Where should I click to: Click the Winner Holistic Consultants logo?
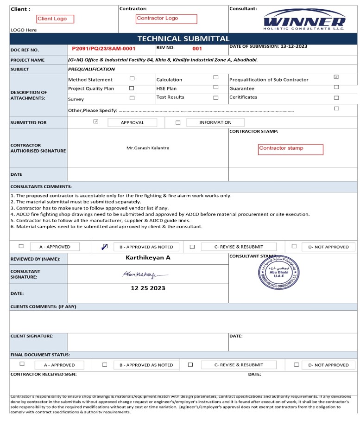click(x=304, y=19)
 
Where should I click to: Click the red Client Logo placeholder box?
click(x=55, y=19)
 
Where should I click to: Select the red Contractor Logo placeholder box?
click(x=166, y=19)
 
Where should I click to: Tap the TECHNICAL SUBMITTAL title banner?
click(x=183, y=38)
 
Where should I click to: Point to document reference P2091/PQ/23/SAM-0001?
click(x=104, y=48)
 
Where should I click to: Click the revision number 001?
click(x=197, y=48)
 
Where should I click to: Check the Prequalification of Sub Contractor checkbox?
click(x=336, y=77)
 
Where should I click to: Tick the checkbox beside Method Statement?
click(x=132, y=79)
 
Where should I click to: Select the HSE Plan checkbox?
click(x=215, y=87)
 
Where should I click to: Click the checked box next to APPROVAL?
click(x=96, y=121)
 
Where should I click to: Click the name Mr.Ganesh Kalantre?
click(x=148, y=148)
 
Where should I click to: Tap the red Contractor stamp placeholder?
click(x=291, y=149)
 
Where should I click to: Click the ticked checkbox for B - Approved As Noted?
click(x=105, y=247)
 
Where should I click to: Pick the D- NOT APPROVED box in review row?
click(x=328, y=247)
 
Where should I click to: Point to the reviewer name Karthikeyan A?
click(x=148, y=257)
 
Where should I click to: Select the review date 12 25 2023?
click(x=148, y=288)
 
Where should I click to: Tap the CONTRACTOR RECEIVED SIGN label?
click(x=44, y=374)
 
